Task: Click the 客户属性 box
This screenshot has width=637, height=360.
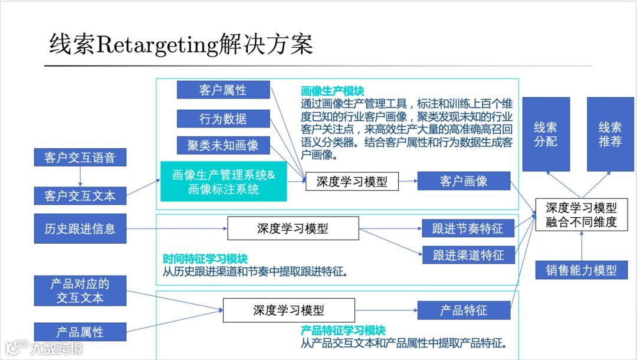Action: coord(223,90)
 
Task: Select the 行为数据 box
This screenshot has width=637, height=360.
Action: coord(223,119)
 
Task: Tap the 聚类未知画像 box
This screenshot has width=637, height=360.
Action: coord(223,145)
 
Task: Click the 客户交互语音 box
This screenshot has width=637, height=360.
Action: coord(80,158)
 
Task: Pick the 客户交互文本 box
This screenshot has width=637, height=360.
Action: coord(80,196)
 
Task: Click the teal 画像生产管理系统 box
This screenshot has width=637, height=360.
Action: coord(224,182)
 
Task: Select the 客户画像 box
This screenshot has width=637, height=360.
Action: coord(464,181)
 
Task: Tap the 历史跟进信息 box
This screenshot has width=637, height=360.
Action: coord(80,228)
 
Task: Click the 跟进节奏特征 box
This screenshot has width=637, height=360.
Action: coord(468,228)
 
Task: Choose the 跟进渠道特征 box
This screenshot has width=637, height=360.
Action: coord(468,255)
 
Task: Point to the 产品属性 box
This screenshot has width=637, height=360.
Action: coord(80,332)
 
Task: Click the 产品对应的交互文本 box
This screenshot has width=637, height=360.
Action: coord(80,290)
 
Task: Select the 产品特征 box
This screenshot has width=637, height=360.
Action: coord(464,310)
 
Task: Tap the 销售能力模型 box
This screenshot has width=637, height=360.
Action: coord(581,270)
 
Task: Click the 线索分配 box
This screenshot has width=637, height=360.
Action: coord(546,134)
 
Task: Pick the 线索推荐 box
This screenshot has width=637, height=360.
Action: coord(610,134)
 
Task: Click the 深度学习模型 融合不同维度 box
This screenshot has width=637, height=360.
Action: coord(581,215)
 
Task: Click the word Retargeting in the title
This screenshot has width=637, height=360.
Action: coord(156,45)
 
